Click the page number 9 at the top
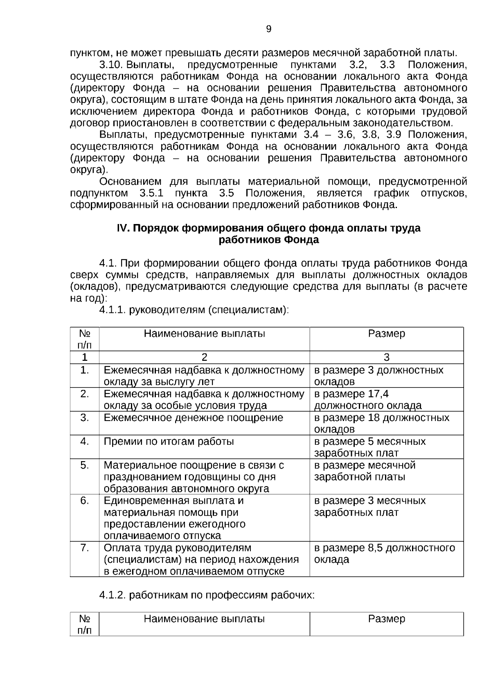(x=268, y=29)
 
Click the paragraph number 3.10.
(x=111, y=65)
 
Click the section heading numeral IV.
(x=123, y=228)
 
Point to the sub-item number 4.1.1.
(x=112, y=310)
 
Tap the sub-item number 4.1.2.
(x=112, y=595)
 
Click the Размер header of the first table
(x=386, y=334)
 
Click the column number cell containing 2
(x=204, y=357)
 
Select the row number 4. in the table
(x=84, y=441)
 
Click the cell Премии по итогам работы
(x=169, y=441)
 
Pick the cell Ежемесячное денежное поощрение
(x=193, y=418)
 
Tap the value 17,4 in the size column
(x=378, y=394)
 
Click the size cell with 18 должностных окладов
(x=381, y=423)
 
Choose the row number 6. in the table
(x=84, y=501)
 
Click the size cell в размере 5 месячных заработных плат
(x=370, y=447)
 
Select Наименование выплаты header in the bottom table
(x=204, y=619)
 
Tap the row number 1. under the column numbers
(x=84, y=370)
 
